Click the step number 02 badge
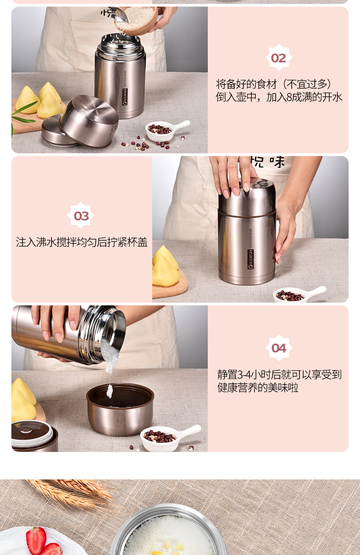coord(279,57)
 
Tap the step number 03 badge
coord(81,215)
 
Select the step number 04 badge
coord(279,348)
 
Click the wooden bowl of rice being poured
coord(139,20)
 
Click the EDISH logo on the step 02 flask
coord(125,97)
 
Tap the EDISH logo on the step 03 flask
coord(251,260)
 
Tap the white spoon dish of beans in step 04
coord(169,438)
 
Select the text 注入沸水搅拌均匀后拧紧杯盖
coord(82,242)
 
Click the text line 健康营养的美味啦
coord(258,387)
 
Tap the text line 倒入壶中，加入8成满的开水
coord(279,97)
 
